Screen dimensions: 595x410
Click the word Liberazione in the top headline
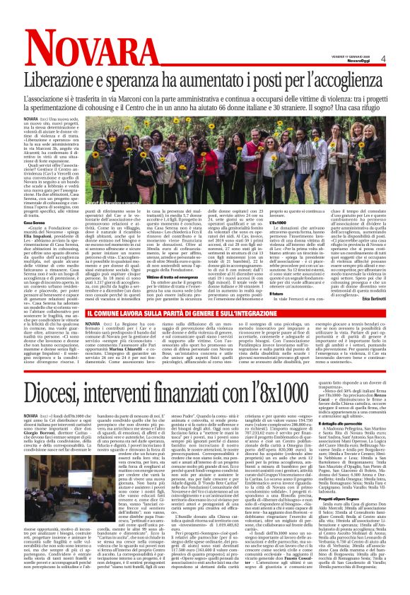(71, 78)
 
